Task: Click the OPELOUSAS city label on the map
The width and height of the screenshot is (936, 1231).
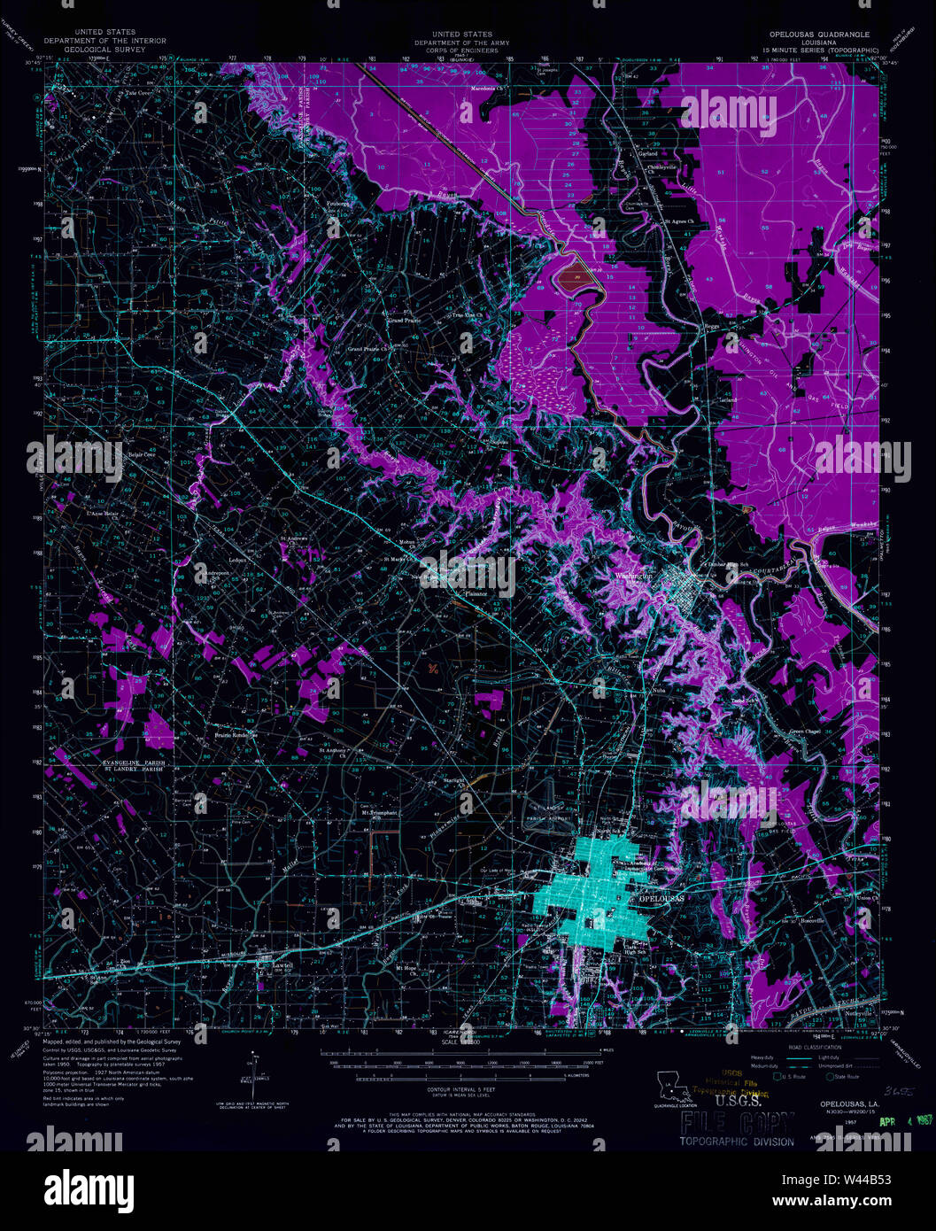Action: click(x=661, y=898)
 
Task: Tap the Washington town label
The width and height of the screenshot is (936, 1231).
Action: click(x=635, y=576)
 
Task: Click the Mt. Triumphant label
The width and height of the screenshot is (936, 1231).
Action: click(x=378, y=811)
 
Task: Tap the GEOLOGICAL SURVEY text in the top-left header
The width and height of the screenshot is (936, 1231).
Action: click(x=104, y=48)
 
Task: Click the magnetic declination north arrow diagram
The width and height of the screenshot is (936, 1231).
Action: click(x=254, y=1076)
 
